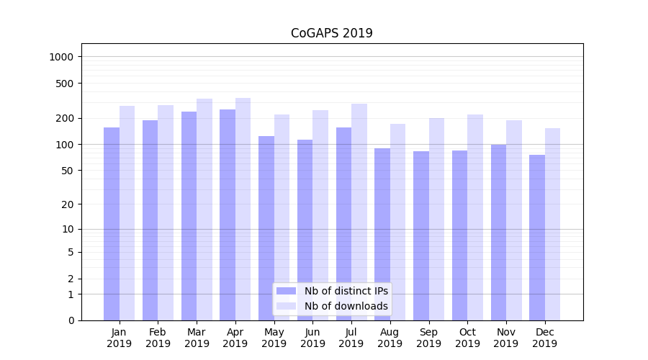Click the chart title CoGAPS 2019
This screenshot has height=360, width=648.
(x=331, y=33)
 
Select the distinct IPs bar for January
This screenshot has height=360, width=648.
(x=112, y=223)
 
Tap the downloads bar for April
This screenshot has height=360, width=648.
(x=243, y=209)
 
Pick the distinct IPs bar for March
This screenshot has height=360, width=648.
(x=189, y=216)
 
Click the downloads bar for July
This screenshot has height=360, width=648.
(x=359, y=212)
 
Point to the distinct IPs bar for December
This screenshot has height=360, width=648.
(x=537, y=238)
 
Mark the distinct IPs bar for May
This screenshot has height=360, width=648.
(x=266, y=228)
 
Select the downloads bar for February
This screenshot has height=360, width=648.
(x=166, y=212)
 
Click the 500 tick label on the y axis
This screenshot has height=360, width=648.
(x=66, y=84)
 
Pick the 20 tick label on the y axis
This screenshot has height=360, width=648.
(x=68, y=204)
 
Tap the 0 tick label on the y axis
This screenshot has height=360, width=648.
(x=71, y=320)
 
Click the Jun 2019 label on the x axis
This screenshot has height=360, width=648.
(x=312, y=338)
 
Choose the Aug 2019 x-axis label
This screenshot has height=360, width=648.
(x=390, y=338)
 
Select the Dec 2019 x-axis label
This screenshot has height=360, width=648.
(x=544, y=338)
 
